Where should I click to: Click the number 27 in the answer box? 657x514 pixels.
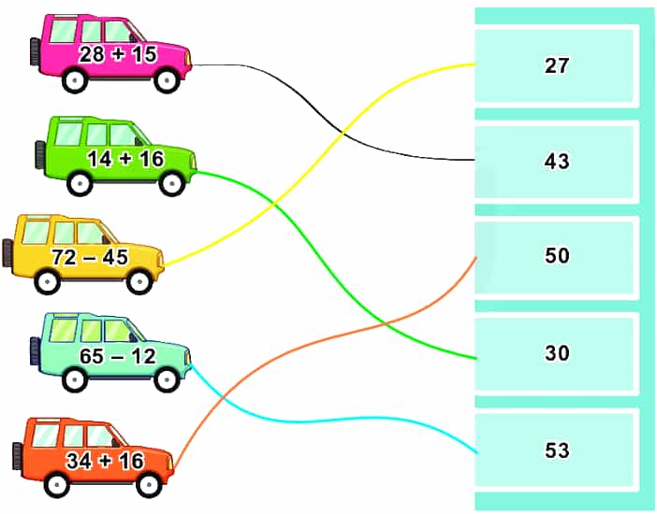[x=557, y=65]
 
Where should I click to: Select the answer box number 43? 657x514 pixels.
[x=557, y=161]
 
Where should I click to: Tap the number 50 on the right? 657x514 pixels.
[x=557, y=255]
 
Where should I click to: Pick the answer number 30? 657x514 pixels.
[x=557, y=353]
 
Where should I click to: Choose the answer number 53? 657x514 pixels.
[x=557, y=450]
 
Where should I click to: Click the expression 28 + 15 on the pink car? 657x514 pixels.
[x=118, y=54]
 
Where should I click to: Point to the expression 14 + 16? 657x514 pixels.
[x=125, y=159]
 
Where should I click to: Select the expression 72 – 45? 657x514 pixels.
[x=90, y=257]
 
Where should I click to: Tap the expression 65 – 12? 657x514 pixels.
[x=118, y=356]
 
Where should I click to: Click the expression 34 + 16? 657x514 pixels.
[x=105, y=461]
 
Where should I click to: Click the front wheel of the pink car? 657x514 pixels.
[x=167, y=79]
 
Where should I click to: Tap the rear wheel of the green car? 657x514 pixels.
[x=80, y=183]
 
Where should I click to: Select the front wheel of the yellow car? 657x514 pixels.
[x=139, y=281]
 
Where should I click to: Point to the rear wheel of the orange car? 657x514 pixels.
[x=56, y=485]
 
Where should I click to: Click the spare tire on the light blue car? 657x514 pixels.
[x=35, y=350]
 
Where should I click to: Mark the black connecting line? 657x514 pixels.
[x=335, y=125]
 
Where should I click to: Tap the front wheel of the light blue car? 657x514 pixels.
[x=167, y=379]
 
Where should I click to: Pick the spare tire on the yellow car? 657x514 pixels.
[x=7, y=253]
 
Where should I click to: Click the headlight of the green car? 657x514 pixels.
[x=193, y=161]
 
